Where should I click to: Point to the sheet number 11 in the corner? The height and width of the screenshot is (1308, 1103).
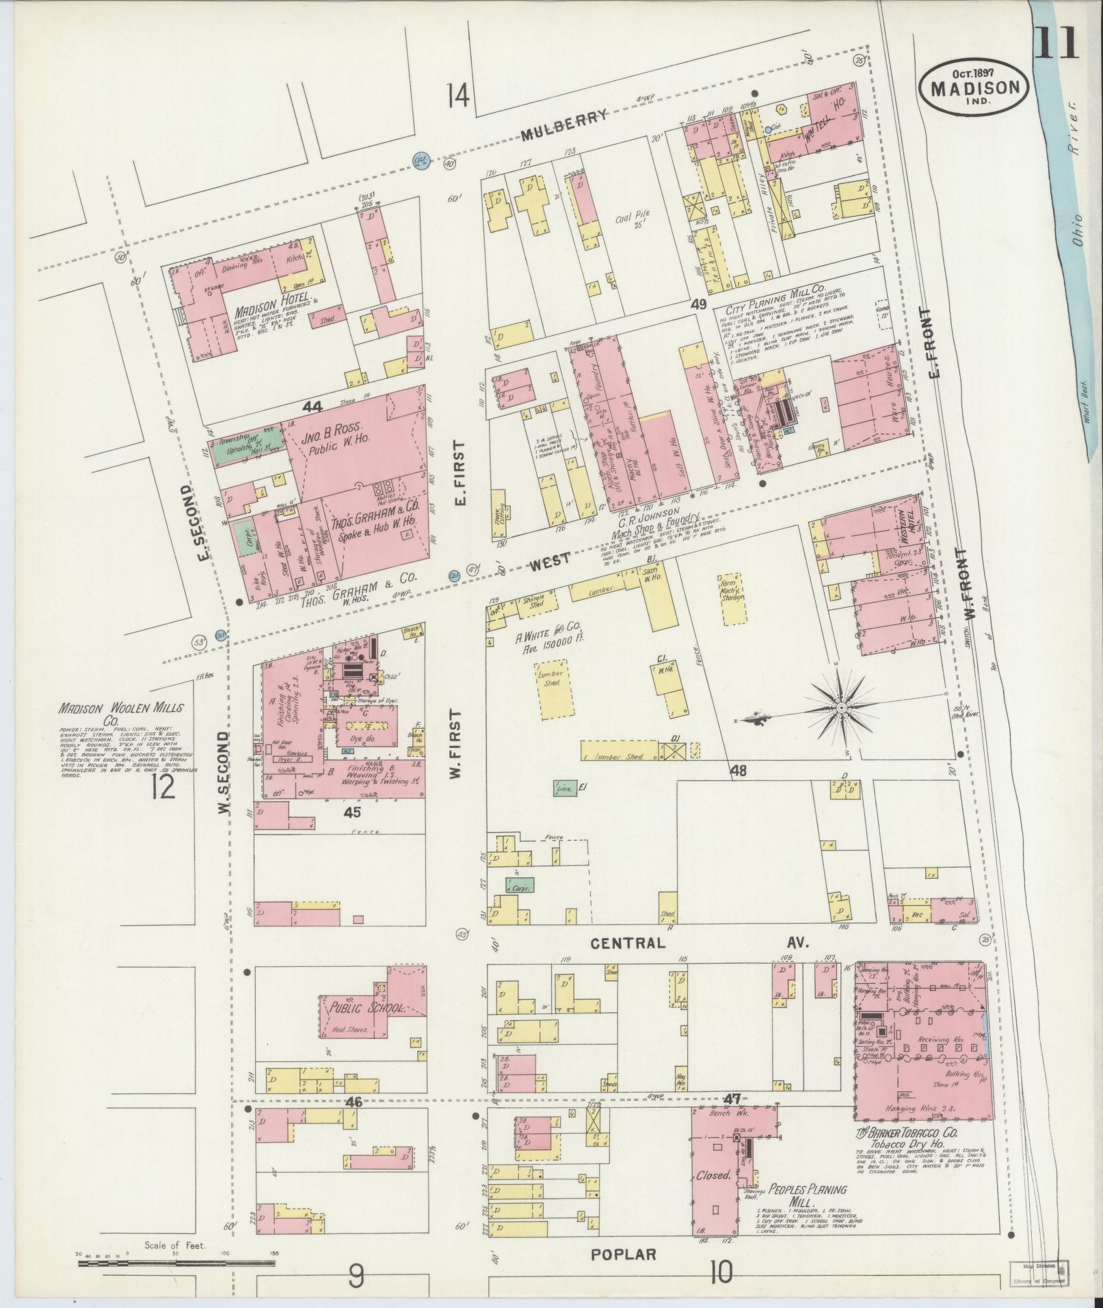(x=1055, y=43)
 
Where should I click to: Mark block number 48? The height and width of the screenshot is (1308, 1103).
(x=738, y=771)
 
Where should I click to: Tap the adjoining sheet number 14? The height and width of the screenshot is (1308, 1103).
(x=457, y=94)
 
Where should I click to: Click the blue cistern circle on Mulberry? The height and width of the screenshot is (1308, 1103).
(x=421, y=161)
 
